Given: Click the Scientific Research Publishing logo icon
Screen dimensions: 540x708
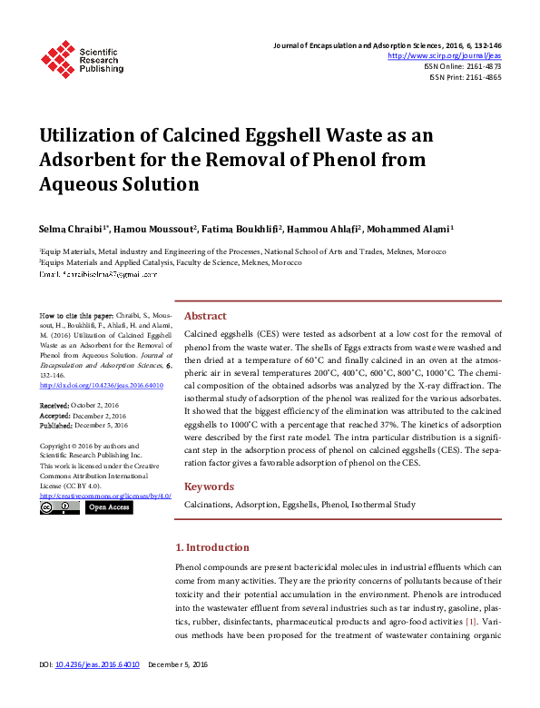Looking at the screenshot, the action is [x=58, y=58].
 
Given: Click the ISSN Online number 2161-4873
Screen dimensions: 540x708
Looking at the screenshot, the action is [x=482, y=66].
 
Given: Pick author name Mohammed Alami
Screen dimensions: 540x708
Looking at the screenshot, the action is [x=412, y=230].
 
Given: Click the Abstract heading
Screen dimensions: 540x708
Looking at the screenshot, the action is [x=205, y=316].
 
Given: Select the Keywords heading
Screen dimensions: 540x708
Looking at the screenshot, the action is [x=210, y=487].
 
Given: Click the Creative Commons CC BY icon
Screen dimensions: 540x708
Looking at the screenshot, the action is [x=58, y=507].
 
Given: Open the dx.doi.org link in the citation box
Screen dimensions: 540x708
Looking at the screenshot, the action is [x=102, y=385].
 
